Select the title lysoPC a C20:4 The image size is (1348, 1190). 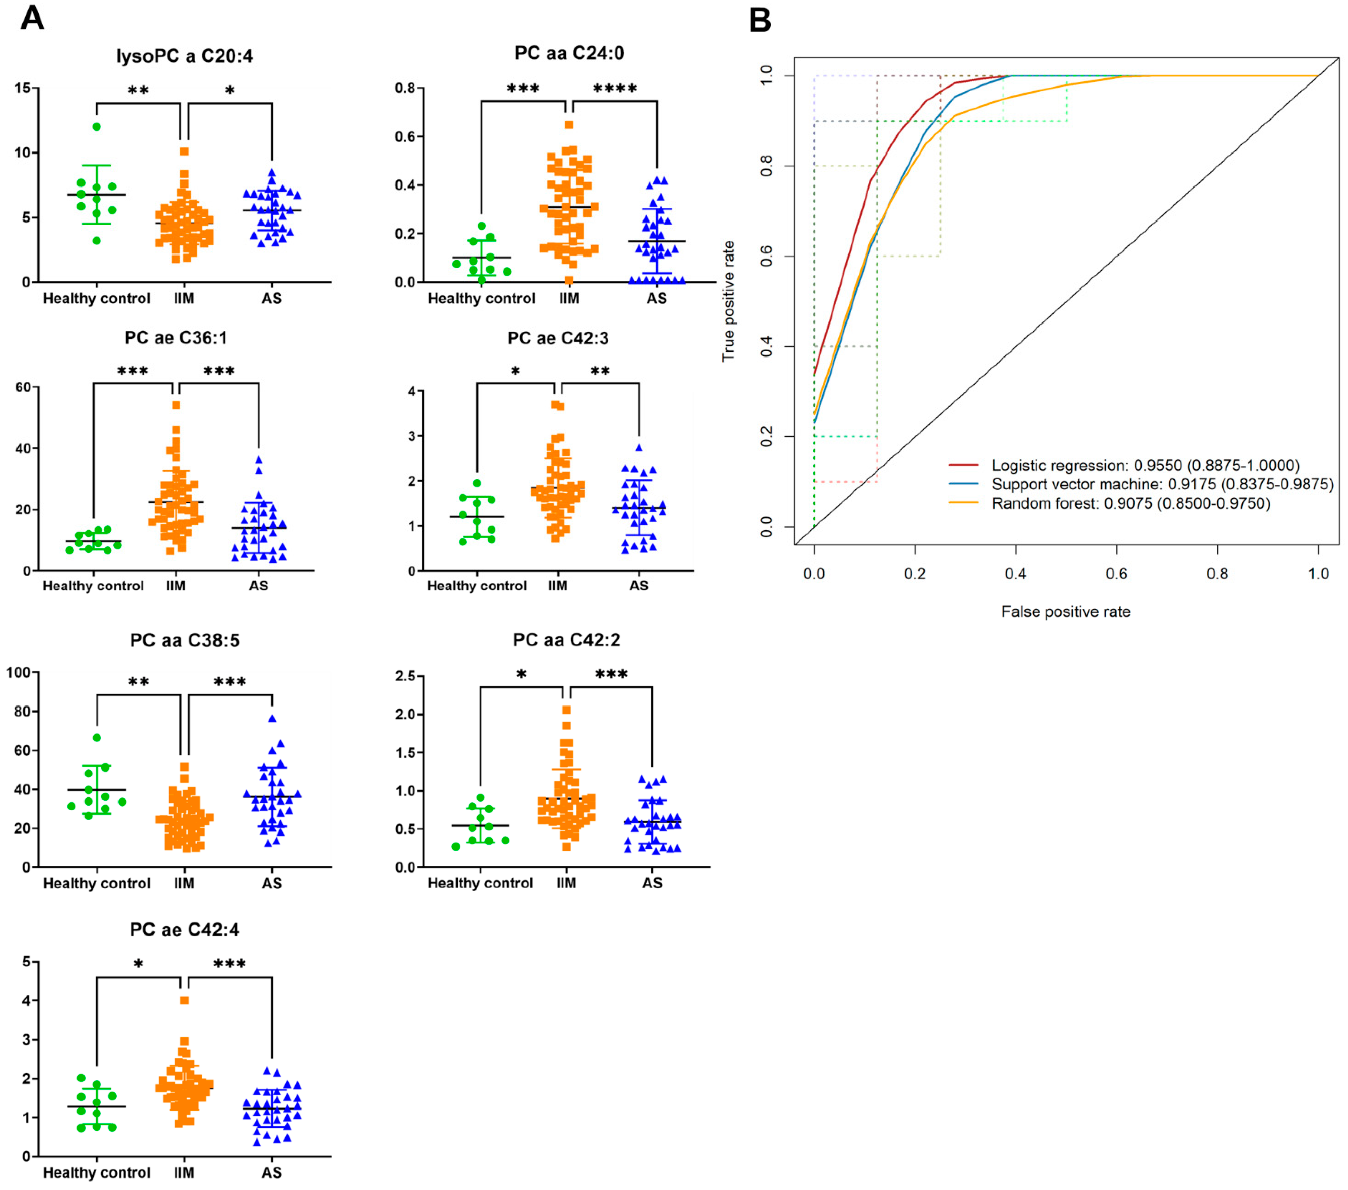tap(184, 56)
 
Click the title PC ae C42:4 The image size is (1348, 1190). tap(184, 929)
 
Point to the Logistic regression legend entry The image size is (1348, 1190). tap(1144, 466)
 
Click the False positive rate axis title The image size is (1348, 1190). tap(1065, 612)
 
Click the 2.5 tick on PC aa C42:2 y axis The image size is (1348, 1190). tap(405, 676)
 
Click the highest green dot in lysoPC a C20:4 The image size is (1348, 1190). tap(97, 127)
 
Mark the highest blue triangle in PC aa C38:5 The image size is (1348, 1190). tap(272, 719)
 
